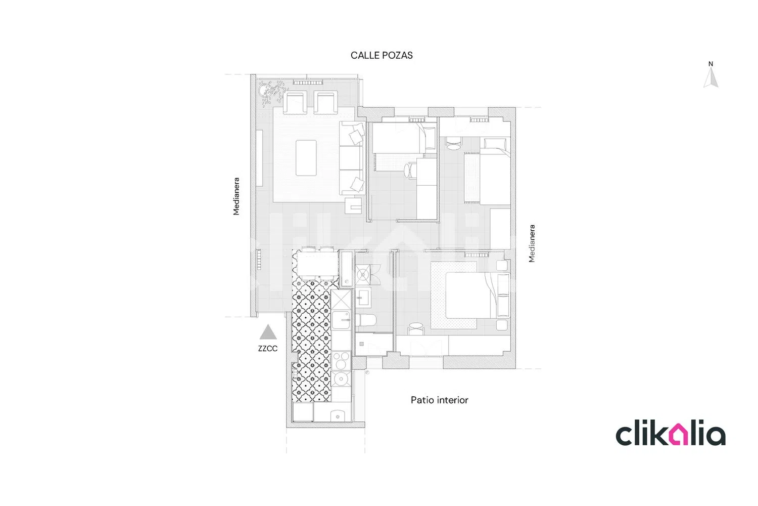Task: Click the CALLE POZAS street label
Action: click(x=382, y=55)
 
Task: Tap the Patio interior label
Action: click(x=439, y=400)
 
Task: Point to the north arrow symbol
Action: click(x=710, y=77)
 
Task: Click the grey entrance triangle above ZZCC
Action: click(x=268, y=332)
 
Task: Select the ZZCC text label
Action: click(x=268, y=349)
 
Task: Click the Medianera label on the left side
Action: click(x=236, y=196)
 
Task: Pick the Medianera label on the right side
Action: click(x=532, y=243)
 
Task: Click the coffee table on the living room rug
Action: click(x=306, y=158)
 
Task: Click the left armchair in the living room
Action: click(x=295, y=102)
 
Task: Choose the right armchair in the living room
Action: click(x=326, y=102)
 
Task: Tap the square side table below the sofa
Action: click(x=353, y=206)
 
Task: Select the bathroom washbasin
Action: click(x=363, y=298)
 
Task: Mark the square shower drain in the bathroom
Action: click(x=361, y=344)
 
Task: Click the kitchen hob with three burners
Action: click(x=341, y=360)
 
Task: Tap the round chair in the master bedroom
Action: click(x=415, y=328)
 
